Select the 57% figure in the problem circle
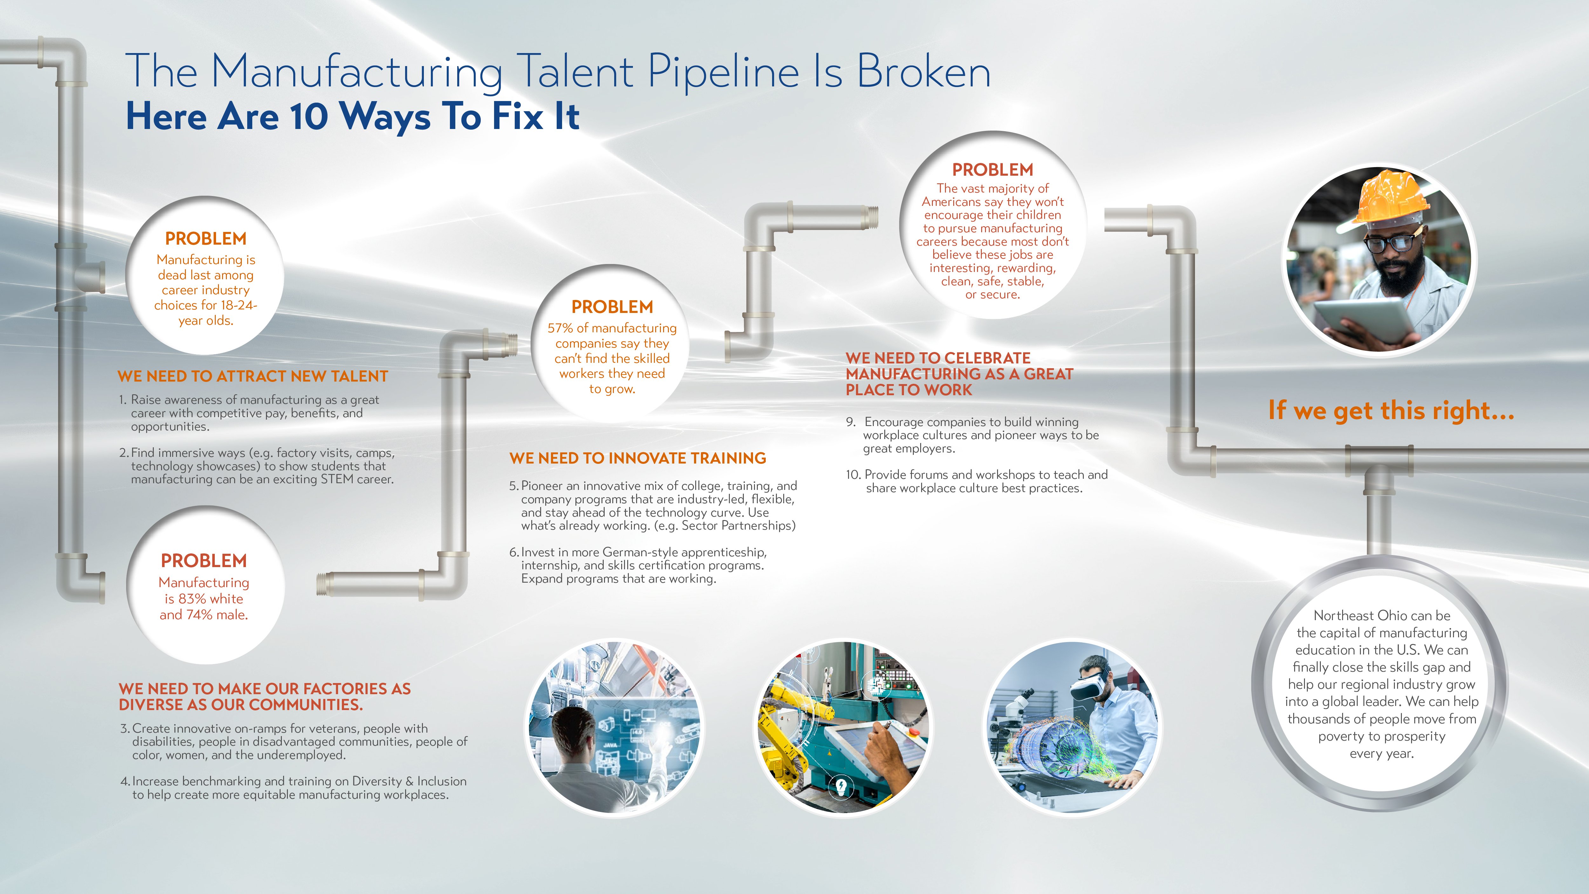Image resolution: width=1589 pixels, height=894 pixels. pos(560,328)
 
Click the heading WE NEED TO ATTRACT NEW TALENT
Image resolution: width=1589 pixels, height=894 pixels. pos(253,376)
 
